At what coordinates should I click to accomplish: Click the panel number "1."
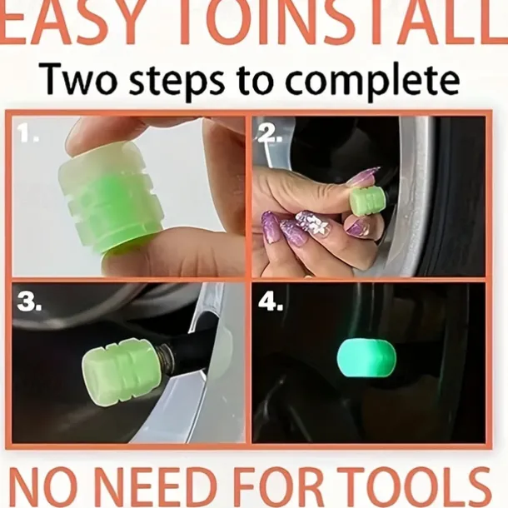27,133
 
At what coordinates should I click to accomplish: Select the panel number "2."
270,133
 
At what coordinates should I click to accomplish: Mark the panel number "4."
271,302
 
